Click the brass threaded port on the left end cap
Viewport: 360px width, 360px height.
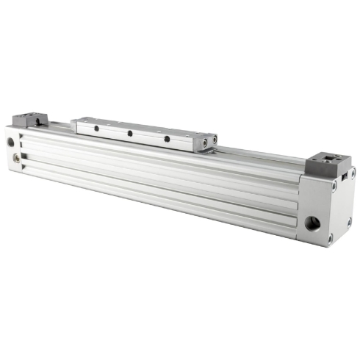tap(15, 156)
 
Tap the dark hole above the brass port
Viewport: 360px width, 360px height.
tap(10, 142)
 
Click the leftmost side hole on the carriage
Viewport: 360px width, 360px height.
tap(96, 129)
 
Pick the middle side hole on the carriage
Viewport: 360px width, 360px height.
tap(129, 134)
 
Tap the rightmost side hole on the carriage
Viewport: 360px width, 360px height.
tap(167, 138)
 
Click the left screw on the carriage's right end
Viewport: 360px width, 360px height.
tap(204, 141)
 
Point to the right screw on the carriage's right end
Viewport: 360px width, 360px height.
tap(214, 139)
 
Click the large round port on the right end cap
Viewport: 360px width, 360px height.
tap(313, 223)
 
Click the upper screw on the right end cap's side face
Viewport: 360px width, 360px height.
tap(352, 174)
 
